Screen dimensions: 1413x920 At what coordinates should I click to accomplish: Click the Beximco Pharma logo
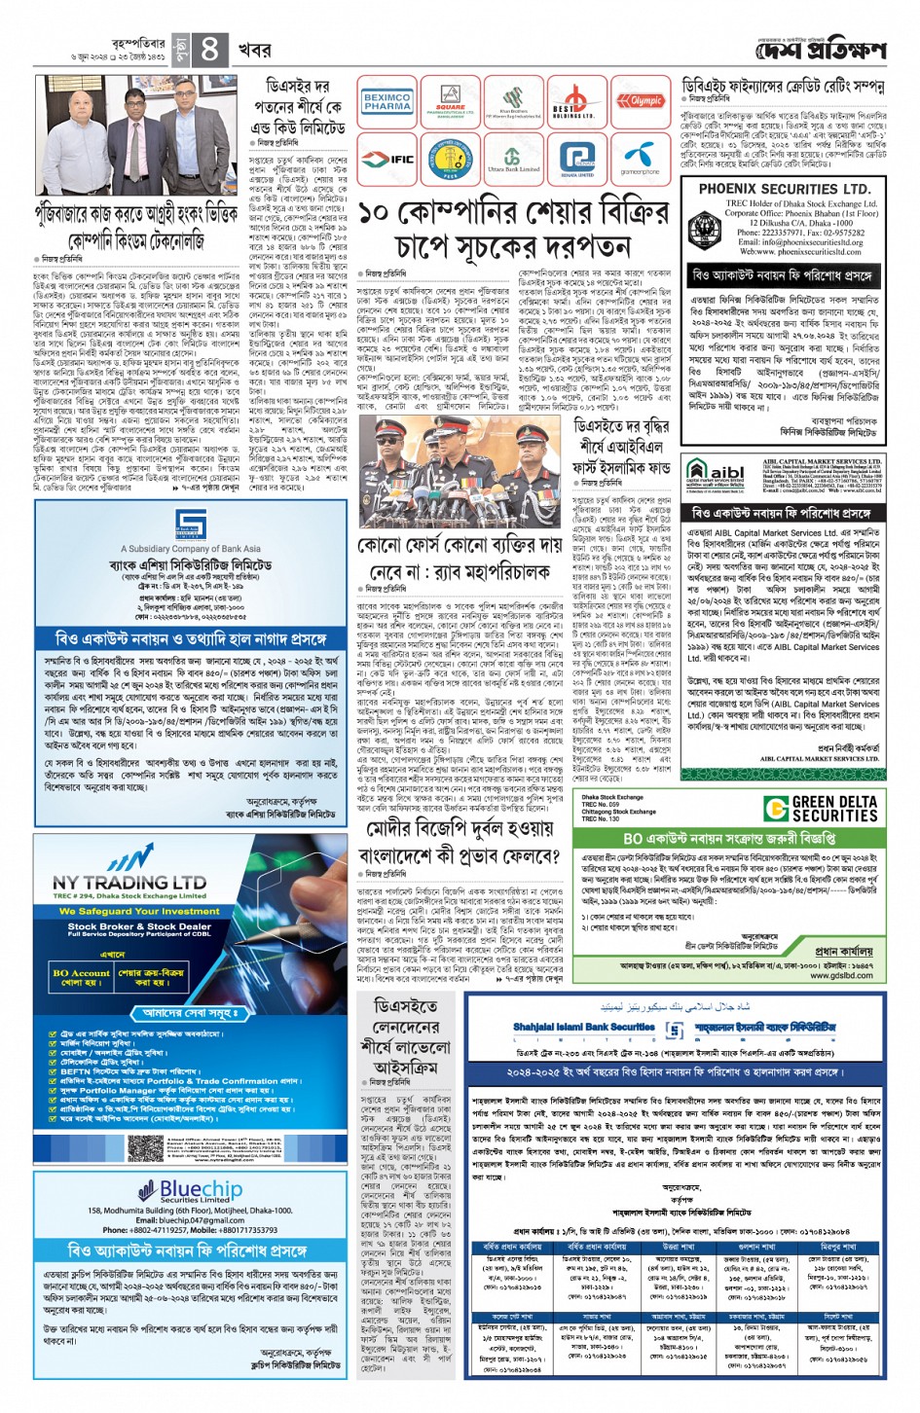pos(387,101)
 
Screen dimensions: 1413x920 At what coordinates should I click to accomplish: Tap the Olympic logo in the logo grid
pos(641,101)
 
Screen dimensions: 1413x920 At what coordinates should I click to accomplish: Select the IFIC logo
pos(387,159)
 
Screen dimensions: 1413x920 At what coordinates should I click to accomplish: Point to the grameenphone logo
pos(641,159)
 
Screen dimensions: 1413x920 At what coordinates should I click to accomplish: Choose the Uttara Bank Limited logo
pos(513,159)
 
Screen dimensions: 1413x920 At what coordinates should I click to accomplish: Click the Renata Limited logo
pos(577,159)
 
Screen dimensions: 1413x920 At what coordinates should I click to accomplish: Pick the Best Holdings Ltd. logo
pos(577,101)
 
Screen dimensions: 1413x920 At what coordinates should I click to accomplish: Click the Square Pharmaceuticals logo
pos(450,101)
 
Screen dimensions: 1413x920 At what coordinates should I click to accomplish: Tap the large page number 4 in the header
pos(210,49)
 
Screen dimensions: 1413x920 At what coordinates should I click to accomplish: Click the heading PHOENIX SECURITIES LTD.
pos(784,189)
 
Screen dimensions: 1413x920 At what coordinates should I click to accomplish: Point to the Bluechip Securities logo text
pos(201,1189)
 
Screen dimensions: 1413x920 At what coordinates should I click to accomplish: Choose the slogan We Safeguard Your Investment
pos(129,911)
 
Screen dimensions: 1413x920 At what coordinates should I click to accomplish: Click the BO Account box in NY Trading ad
pos(82,976)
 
